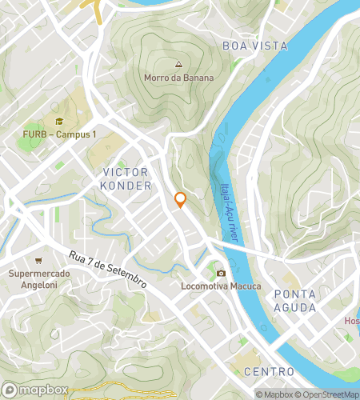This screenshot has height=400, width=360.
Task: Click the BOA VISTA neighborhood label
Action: click(254, 46)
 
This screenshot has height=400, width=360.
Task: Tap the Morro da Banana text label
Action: click(179, 78)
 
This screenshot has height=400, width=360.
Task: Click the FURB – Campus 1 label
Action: click(58, 134)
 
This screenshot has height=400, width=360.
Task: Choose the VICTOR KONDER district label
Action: click(126, 179)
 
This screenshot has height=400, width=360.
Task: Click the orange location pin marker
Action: click(181, 200)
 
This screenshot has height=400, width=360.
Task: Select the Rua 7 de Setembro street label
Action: click(107, 270)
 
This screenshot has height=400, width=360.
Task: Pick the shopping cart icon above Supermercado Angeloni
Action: click(38, 261)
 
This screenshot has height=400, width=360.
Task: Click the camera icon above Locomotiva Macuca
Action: click(221, 273)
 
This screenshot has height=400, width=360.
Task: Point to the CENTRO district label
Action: click(269, 372)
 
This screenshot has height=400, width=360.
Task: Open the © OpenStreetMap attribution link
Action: click(330, 394)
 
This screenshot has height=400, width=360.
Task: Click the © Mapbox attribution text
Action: click(277, 394)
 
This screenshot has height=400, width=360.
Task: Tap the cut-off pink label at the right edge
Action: click(352, 321)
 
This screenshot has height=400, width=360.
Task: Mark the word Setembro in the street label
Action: click(126, 278)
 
